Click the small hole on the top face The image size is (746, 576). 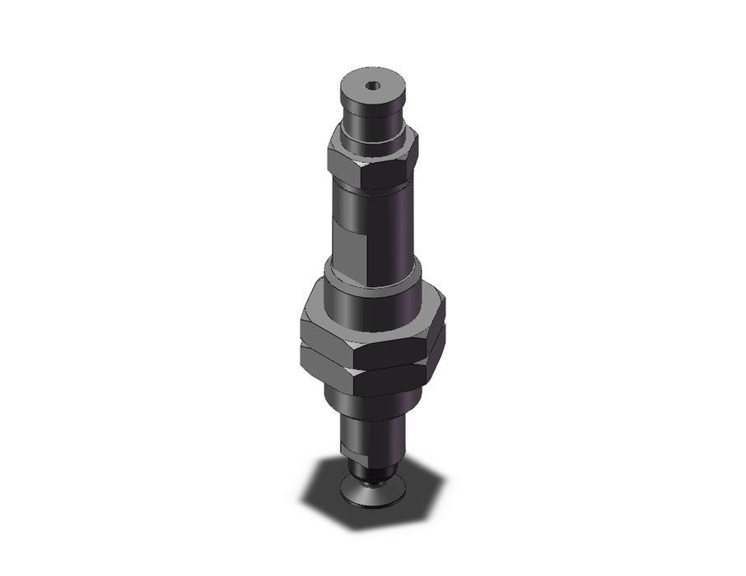click(373, 84)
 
